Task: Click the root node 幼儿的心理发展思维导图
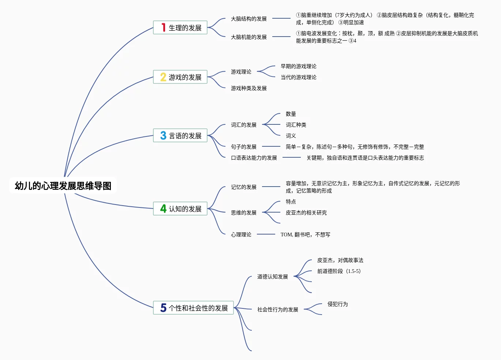63,186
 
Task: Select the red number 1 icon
163,27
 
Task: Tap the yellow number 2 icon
163,77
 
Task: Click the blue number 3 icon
163,135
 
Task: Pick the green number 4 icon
163,209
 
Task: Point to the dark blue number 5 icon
163,308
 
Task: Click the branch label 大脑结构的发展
248,19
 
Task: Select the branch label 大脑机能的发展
248,37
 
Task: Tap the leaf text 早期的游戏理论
298,66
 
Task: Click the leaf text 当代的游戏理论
298,77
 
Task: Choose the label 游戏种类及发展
248,88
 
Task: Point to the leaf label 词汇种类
296,125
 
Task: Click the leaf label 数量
291,114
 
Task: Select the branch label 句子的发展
243,147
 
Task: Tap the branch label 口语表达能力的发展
254,158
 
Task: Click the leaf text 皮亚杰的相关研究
306,213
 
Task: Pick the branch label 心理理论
241,235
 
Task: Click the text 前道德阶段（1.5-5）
339,271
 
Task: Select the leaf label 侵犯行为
337,304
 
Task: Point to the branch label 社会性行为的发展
277,310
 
